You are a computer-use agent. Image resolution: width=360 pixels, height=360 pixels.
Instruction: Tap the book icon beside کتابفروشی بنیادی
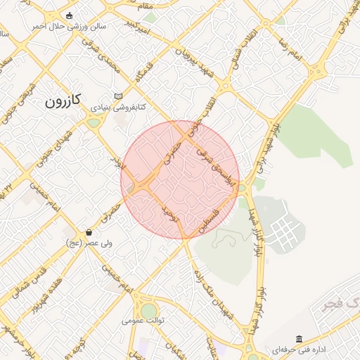(x=118, y=96)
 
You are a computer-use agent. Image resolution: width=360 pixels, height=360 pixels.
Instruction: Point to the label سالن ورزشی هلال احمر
(x=68, y=26)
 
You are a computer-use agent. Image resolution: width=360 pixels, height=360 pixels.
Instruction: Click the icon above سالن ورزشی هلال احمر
(x=68, y=15)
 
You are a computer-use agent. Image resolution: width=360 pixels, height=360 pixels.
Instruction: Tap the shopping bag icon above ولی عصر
(x=89, y=232)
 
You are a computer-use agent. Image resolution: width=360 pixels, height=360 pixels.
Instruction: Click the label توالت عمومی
(x=143, y=321)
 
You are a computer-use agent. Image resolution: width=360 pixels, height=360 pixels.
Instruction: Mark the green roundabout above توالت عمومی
(x=149, y=309)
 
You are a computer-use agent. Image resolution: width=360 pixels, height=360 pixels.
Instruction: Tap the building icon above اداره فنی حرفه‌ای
(x=300, y=339)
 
